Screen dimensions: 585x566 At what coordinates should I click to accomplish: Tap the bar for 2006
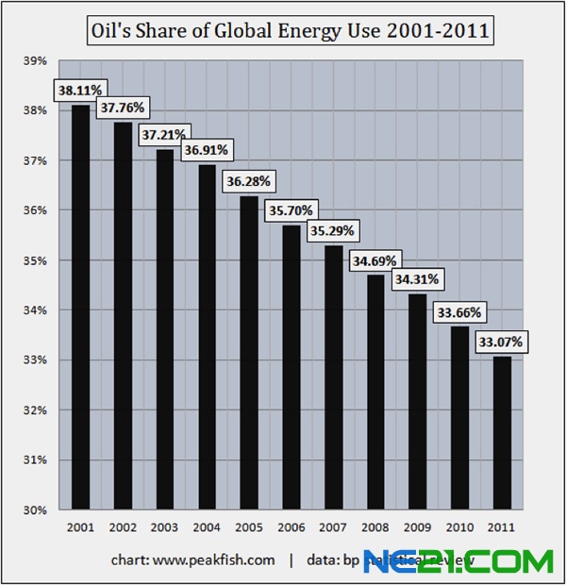coord(292,367)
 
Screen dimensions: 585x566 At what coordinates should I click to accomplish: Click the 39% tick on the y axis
coord(35,61)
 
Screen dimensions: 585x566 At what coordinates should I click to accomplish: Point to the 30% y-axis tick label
coord(35,510)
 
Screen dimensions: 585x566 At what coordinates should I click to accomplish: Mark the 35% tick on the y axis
coord(35,260)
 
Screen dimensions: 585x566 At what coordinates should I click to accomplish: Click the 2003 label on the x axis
coord(165,527)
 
